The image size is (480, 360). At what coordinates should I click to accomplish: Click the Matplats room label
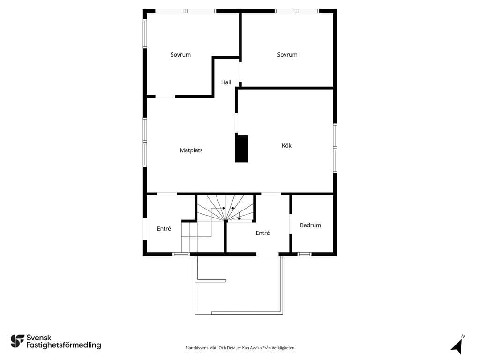[191, 150]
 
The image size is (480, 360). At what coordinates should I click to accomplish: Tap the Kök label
[286, 146]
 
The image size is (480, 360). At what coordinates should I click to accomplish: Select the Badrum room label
[310, 225]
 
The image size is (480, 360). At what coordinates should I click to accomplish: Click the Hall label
[226, 82]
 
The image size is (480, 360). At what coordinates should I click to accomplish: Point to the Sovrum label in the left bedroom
[180, 55]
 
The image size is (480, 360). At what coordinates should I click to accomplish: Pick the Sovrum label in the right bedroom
[287, 55]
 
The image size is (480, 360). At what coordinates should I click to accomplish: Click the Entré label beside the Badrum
[262, 233]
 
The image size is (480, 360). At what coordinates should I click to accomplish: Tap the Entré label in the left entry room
[164, 229]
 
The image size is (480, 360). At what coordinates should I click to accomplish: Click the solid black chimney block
[241, 149]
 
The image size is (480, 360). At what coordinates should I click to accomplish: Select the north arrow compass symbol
[457, 345]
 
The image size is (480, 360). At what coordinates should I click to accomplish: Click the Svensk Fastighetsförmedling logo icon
[17, 341]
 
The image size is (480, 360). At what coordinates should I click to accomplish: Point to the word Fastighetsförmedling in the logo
[64, 345]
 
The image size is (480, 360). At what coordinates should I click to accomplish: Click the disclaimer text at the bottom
[240, 348]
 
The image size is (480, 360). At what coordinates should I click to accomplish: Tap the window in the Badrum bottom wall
[305, 254]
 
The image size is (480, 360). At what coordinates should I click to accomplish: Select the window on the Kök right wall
[335, 148]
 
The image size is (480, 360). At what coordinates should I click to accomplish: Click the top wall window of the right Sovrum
[297, 11]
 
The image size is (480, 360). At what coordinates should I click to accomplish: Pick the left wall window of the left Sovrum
[145, 34]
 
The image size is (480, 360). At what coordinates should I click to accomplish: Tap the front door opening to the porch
[268, 254]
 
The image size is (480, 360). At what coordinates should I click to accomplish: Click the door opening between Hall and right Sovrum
[240, 72]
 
